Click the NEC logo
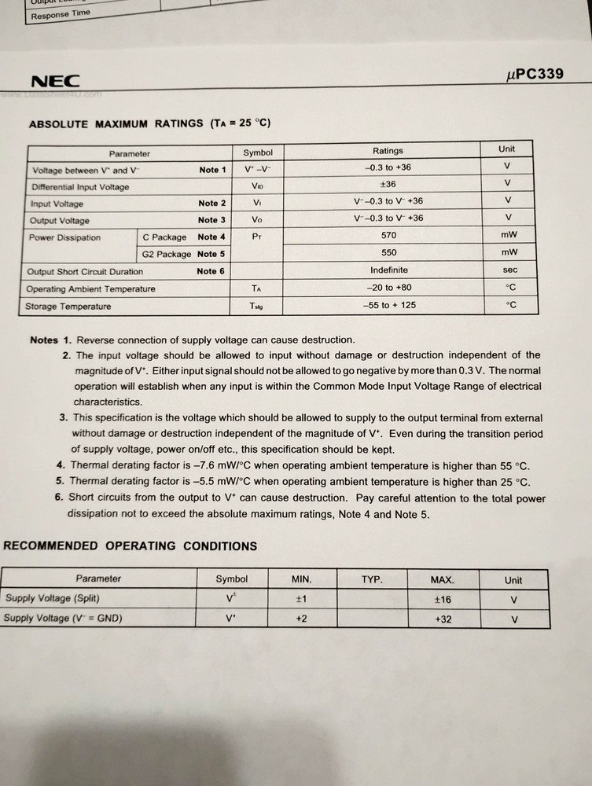(x=54, y=82)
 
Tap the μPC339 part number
(x=535, y=75)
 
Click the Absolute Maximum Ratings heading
(x=149, y=124)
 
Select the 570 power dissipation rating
(x=388, y=236)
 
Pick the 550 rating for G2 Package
(x=388, y=253)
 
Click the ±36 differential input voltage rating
(x=388, y=185)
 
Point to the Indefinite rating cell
(x=388, y=270)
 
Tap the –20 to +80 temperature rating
(x=388, y=288)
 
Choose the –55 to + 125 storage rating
(x=389, y=305)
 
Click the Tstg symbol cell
(x=257, y=306)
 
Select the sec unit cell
(x=509, y=270)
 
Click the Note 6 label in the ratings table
(x=211, y=271)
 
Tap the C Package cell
(x=164, y=237)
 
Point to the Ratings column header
(x=388, y=151)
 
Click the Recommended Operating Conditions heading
(x=131, y=546)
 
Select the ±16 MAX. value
(x=443, y=599)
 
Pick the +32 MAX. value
(x=443, y=619)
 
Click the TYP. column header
(x=372, y=580)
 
